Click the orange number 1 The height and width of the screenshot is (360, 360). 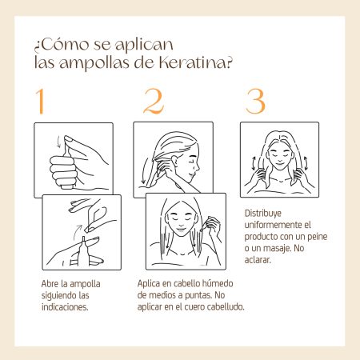(x=41, y=102)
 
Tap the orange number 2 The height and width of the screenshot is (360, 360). (x=154, y=102)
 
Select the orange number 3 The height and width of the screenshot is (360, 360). (x=255, y=102)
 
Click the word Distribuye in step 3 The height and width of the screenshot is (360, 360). (x=263, y=214)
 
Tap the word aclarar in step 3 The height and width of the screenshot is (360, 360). (x=258, y=260)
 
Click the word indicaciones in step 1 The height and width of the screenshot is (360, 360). (x=65, y=307)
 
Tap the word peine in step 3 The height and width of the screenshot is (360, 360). (x=318, y=237)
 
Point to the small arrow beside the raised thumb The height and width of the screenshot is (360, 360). (x=58, y=142)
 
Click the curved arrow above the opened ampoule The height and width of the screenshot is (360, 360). (x=77, y=230)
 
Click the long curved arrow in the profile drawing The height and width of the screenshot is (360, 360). (x=146, y=170)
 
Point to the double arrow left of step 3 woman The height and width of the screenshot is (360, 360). (x=254, y=163)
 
